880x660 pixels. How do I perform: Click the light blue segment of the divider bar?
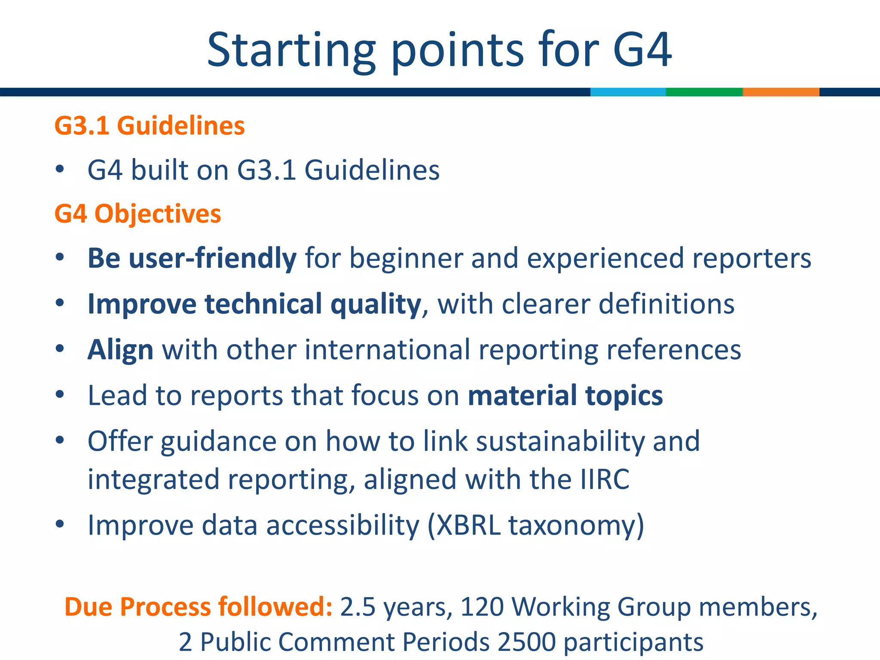pyautogui.click(x=628, y=92)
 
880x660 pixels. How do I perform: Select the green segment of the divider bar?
pyautogui.click(x=704, y=92)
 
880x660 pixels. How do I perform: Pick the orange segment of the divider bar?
pyautogui.click(x=781, y=92)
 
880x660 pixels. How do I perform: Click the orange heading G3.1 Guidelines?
pyautogui.click(x=150, y=126)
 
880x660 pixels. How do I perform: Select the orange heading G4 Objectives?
pyautogui.click(x=137, y=214)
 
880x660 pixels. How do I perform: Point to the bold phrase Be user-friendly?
pyautogui.click(x=192, y=258)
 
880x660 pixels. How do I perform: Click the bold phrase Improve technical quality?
pyautogui.click(x=254, y=304)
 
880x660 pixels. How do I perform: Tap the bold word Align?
pyautogui.click(x=120, y=349)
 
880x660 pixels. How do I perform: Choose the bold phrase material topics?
pyautogui.click(x=565, y=395)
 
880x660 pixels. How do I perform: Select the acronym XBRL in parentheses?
pyautogui.click(x=468, y=525)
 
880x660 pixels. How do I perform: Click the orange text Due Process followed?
pyautogui.click(x=198, y=607)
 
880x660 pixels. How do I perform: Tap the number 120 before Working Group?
pyautogui.click(x=482, y=607)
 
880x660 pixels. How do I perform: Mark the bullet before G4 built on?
pyautogui.click(x=60, y=170)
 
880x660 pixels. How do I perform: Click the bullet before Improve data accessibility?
pyautogui.click(x=60, y=524)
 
